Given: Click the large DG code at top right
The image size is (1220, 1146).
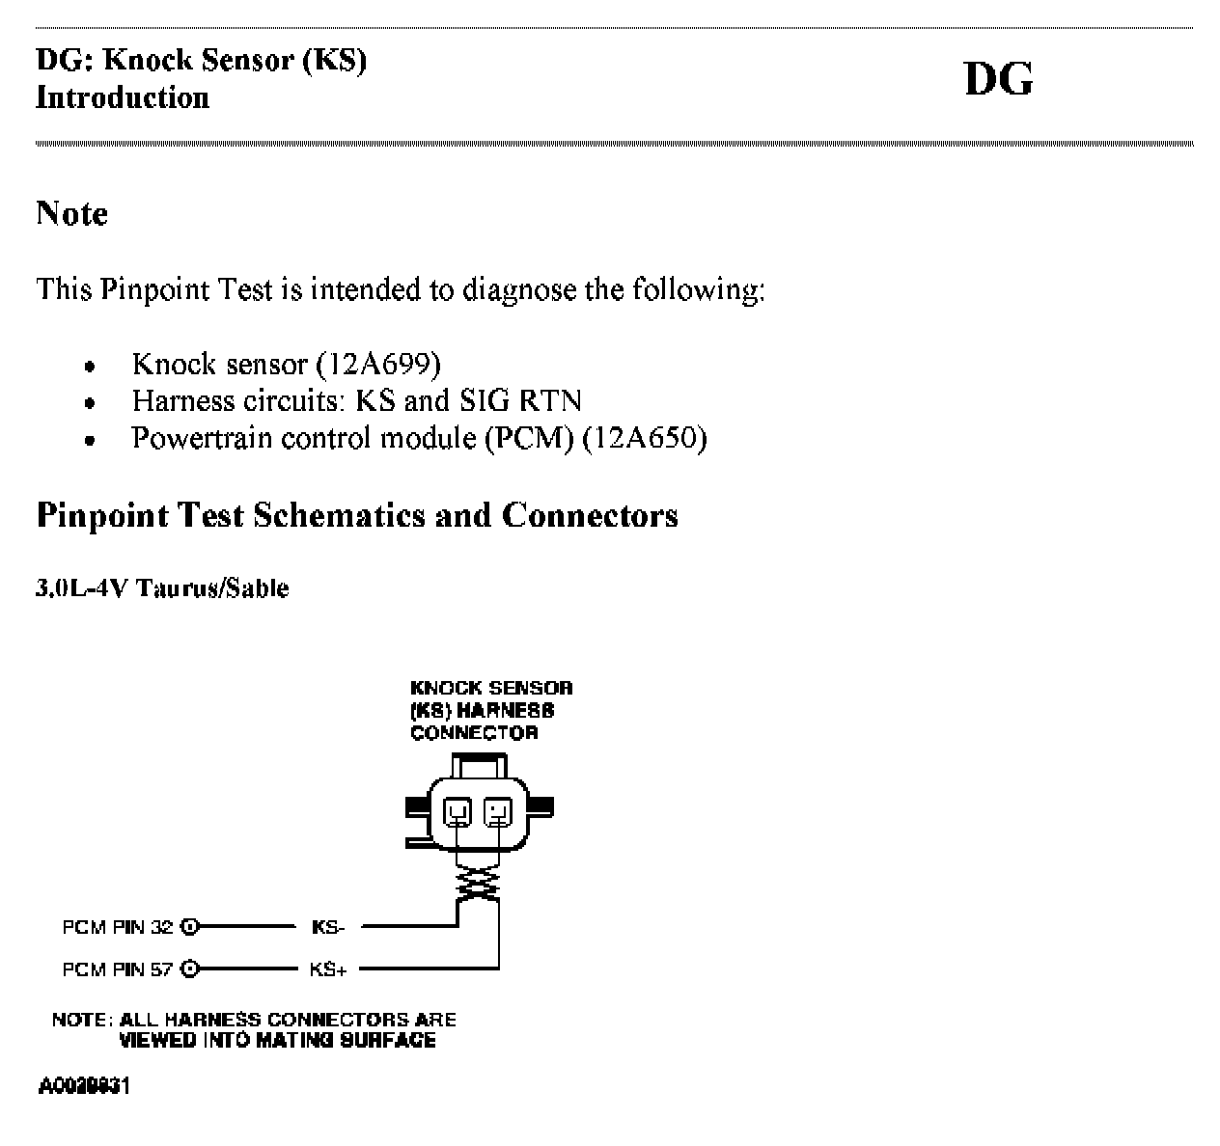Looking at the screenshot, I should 998,79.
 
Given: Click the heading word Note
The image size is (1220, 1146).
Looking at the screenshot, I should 71,213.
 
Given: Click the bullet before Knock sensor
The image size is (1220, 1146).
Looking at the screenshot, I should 89,367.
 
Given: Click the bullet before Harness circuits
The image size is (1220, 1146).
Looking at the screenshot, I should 89,403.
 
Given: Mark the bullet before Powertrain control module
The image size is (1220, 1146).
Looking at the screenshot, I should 89,441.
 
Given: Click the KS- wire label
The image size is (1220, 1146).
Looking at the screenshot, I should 327,927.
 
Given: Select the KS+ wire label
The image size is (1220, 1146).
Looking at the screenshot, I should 327,969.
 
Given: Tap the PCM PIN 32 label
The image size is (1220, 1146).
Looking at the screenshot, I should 118,927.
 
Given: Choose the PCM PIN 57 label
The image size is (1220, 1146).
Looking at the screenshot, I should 118,969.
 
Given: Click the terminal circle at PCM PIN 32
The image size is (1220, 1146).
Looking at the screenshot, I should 189,927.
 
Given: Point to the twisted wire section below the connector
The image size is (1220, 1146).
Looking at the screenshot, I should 479,880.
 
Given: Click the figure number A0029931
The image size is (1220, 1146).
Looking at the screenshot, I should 85,1087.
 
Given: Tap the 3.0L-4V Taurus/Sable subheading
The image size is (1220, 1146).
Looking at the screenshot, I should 162,588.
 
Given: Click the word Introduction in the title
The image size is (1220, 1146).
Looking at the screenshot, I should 123,97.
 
